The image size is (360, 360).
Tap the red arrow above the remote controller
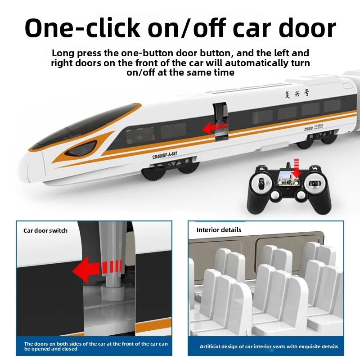[296, 167]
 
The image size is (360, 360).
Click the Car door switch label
[45, 230]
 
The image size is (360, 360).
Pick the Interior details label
[219, 230]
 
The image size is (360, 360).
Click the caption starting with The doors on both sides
[96, 346]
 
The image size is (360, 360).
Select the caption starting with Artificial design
[269, 346]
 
